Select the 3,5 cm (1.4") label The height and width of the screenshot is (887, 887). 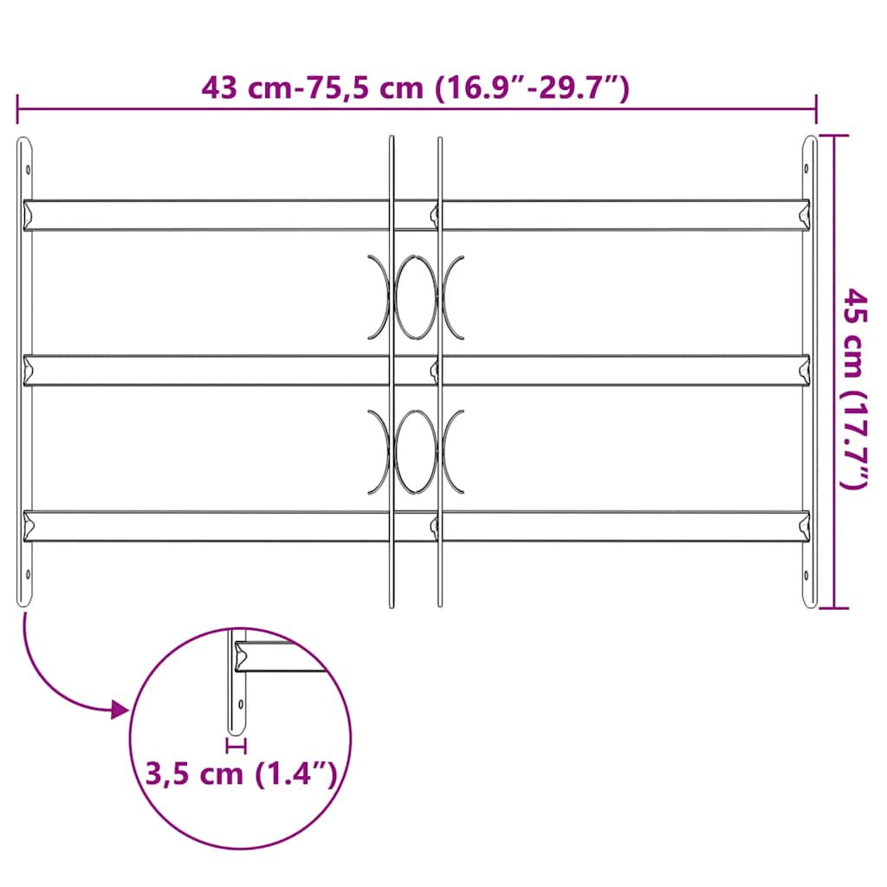coord(241,773)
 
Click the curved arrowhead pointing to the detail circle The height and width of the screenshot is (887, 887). coord(120,711)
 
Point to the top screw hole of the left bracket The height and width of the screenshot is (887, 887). coord(28,170)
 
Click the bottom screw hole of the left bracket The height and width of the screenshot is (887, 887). coord(28,573)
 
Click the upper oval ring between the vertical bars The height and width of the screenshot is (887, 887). coord(416,296)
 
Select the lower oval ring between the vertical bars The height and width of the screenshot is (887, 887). coord(416,451)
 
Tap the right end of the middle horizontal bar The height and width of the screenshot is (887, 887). coord(803,370)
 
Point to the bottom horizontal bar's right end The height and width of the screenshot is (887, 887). coord(803,526)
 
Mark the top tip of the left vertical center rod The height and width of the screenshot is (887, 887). coord(392,138)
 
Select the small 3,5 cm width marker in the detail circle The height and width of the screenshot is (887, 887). coord(236,744)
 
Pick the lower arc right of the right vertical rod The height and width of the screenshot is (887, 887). coord(455,451)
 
